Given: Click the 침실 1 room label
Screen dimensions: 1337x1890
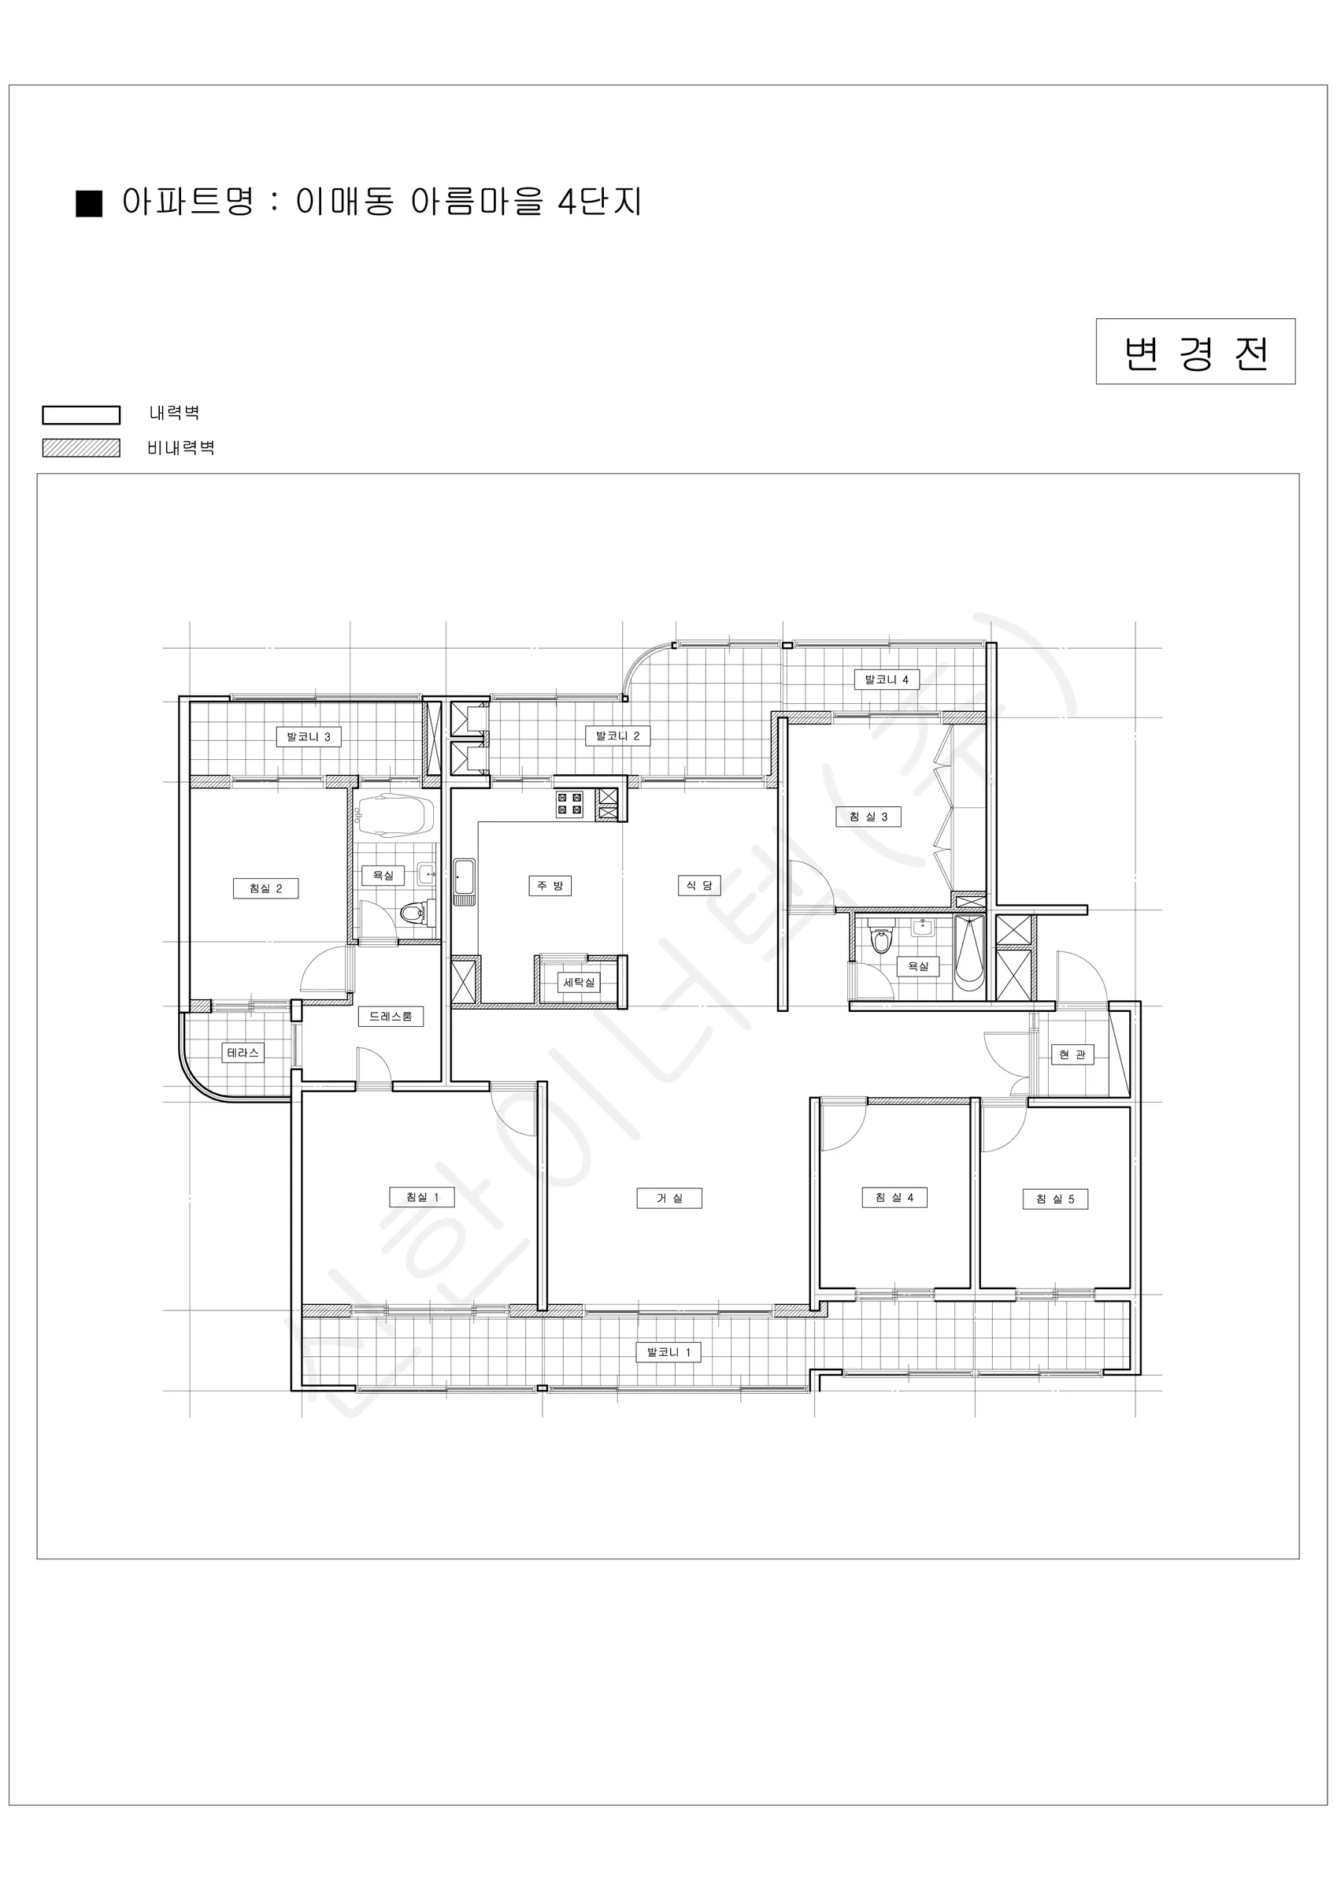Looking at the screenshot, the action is coord(422,1197).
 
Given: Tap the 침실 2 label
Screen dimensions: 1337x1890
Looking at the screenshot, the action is coord(265,888).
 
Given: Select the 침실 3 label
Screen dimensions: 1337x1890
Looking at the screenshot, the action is coord(868,817).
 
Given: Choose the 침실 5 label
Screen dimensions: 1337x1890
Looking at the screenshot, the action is coord(1054,1199).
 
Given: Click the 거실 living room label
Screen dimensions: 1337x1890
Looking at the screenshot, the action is coord(669,1198).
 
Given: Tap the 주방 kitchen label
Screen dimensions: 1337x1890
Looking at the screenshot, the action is coord(550,886).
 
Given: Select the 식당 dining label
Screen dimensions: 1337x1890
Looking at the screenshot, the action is coord(699,885).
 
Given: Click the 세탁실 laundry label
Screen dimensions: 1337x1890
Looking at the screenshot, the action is coord(579,982).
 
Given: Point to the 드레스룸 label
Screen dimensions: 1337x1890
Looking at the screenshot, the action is coord(391,1017).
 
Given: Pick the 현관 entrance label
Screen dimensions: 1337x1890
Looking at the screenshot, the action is coord(1072,1054).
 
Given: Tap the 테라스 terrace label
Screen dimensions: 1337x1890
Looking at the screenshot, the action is coord(243,1052).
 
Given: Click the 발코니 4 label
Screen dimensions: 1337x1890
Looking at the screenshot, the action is coord(887,679).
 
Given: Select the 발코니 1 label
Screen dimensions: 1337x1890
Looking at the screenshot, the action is coord(668,1351).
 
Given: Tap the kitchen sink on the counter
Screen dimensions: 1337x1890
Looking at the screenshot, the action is coord(465,877).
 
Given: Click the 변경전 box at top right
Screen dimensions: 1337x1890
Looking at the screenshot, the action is coord(1195,351).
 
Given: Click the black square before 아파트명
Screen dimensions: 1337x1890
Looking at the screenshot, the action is coord(89,203).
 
